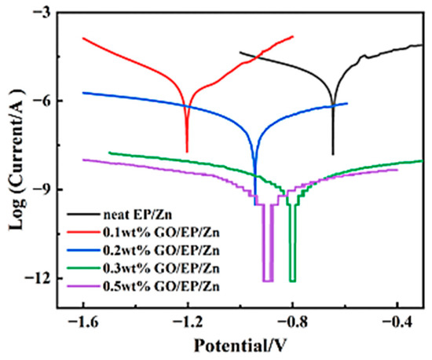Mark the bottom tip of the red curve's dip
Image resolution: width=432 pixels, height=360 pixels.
click(x=187, y=152)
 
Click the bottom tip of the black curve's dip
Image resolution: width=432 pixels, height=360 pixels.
click(x=333, y=154)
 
